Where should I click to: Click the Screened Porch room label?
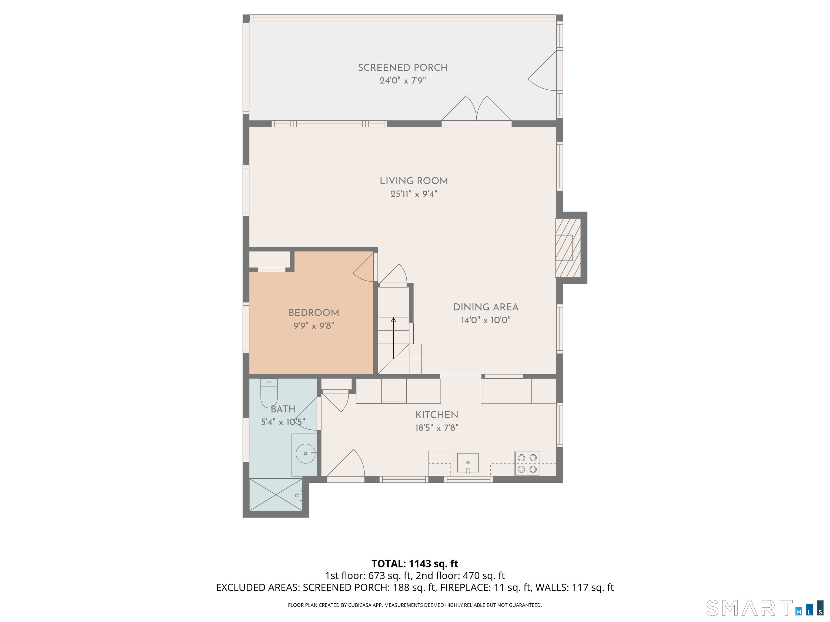(403, 68)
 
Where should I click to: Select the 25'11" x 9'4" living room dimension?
(414, 194)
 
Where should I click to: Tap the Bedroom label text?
(314, 313)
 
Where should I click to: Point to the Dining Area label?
(486, 307)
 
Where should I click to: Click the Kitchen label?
(437, 415)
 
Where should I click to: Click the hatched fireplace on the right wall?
(568, 248)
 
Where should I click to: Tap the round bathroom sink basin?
(305, 454)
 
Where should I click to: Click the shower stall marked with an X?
(276, 495)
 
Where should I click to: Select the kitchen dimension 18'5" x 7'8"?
(437, 428)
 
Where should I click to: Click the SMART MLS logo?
(765, 608)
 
